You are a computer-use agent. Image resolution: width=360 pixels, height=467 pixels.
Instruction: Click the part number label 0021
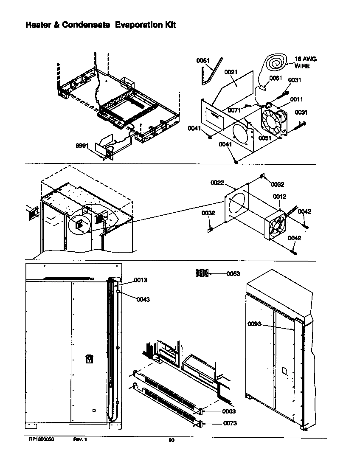tap(231, 73)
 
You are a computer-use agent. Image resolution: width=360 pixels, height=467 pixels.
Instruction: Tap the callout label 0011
tap(296, 99)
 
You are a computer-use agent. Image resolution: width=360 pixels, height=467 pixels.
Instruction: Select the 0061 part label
tap(276, 78)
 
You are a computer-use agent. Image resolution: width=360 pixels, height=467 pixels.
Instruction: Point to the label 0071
tap(234, 110)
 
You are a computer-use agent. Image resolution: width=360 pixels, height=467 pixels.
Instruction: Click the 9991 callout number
tap(82, 145)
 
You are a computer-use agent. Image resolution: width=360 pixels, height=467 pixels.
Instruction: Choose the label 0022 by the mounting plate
tap(217, 183)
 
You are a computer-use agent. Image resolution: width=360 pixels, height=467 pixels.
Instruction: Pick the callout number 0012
tap(279, 197)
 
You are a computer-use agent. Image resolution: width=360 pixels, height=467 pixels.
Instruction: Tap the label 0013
tap(141, 280)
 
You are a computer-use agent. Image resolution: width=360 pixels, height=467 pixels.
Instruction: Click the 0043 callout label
tap(143, 299)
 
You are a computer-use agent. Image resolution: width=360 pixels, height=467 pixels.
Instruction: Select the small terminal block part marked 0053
tap(202, 273)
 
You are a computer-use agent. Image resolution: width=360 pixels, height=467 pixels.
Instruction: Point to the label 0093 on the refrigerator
tap(254, 324)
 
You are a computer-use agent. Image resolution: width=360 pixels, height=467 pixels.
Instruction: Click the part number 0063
tap(229, 411)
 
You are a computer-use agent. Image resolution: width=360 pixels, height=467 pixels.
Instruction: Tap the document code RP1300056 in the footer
tap(41, 440)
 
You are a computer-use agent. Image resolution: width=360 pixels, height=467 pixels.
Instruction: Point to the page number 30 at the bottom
tap(172, 440)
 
